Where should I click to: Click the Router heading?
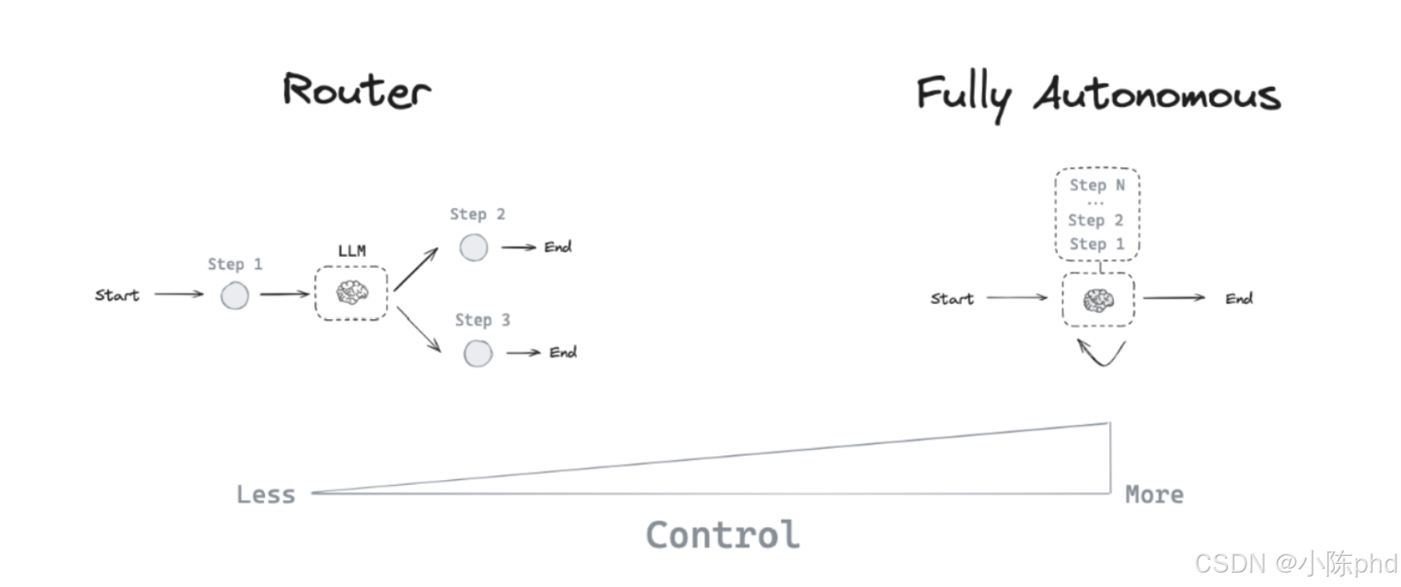coord(357,89)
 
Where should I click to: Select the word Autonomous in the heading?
coord(1157,94)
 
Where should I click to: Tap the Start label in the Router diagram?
coord(117,295)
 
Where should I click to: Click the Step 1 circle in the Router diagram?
coord(235,296)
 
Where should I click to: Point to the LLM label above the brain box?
coord(352,250)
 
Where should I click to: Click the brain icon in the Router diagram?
coord(352,293)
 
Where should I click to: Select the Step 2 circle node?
coord(474,247)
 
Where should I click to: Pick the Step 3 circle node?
coord(478,353)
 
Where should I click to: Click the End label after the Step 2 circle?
coord(558,247)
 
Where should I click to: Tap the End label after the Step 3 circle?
coord(562,353)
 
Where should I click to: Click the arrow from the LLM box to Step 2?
coord(416,270)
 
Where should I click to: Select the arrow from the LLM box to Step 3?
coord(418,329)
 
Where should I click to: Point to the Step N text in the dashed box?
coord(1097,185)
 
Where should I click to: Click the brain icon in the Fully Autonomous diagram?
coord(1099,300)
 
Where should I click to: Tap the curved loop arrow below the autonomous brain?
coord(1101,353)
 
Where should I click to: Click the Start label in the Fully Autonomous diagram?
coord(952,299)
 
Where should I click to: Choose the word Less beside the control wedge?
coord(266,494)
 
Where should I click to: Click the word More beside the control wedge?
coord(1154,494)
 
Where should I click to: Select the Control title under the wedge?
coord(723,535)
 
